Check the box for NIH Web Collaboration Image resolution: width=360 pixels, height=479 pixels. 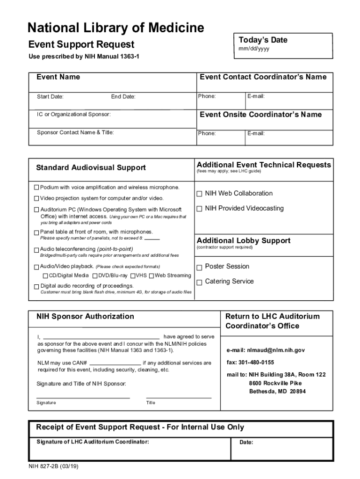[199, 194]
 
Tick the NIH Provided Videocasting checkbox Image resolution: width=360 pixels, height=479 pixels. [199, 209]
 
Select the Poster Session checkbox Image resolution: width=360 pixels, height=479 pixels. [199, 267]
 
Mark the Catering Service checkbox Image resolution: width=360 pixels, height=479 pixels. [199, 282]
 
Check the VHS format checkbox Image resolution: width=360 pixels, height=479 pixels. [133, 276]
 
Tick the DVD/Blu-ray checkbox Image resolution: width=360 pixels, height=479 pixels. [95, 276]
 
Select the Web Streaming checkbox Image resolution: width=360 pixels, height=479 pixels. [151, 276]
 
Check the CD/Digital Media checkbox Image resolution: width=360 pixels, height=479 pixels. [46, 276]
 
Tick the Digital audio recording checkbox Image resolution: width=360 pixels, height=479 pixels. [36, 286]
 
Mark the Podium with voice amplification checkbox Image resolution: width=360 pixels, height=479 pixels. [36, 188]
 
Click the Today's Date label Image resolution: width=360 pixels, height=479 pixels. [263, 40]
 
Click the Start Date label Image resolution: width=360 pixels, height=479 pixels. [50, 97]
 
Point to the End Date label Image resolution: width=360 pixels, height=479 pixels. [123, 97]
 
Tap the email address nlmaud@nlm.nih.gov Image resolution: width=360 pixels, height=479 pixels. [266, 350]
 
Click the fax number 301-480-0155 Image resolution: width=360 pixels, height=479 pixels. [251, 363]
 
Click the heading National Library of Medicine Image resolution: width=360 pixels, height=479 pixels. [115, 28]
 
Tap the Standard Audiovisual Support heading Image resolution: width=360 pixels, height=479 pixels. [91, 167]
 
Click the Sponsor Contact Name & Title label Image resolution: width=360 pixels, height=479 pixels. [75, 132]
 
